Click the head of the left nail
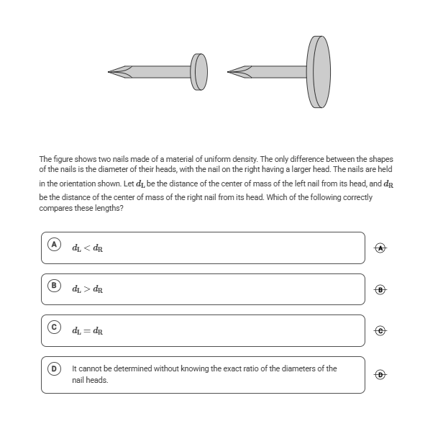[x=200, y=71]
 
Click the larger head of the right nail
[x=319, y=71]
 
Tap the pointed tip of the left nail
[x=111, y=71]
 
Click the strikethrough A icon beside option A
[x=381, y=248]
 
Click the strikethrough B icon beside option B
[x=381, y=290]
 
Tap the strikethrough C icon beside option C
[x=381, y=331]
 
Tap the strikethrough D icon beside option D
[x=381, y=374]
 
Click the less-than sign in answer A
[x=87, y=248]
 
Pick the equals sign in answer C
[x=87, y=331]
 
